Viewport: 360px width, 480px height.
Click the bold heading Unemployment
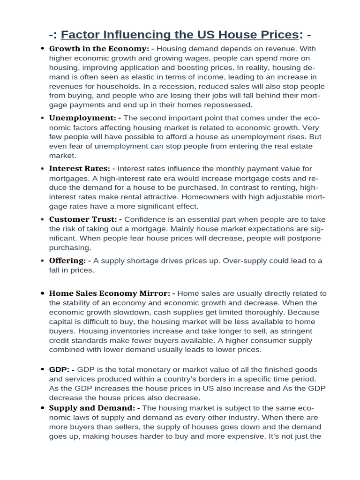[82, 118]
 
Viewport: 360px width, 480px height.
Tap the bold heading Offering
[67, 261]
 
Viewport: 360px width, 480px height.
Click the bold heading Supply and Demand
[92, 408]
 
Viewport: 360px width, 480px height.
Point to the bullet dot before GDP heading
[43, 370]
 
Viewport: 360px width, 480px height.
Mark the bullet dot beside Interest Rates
[43, 169]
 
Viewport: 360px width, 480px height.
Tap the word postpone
[305, 238]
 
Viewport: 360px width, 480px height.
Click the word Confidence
[146, 219]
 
